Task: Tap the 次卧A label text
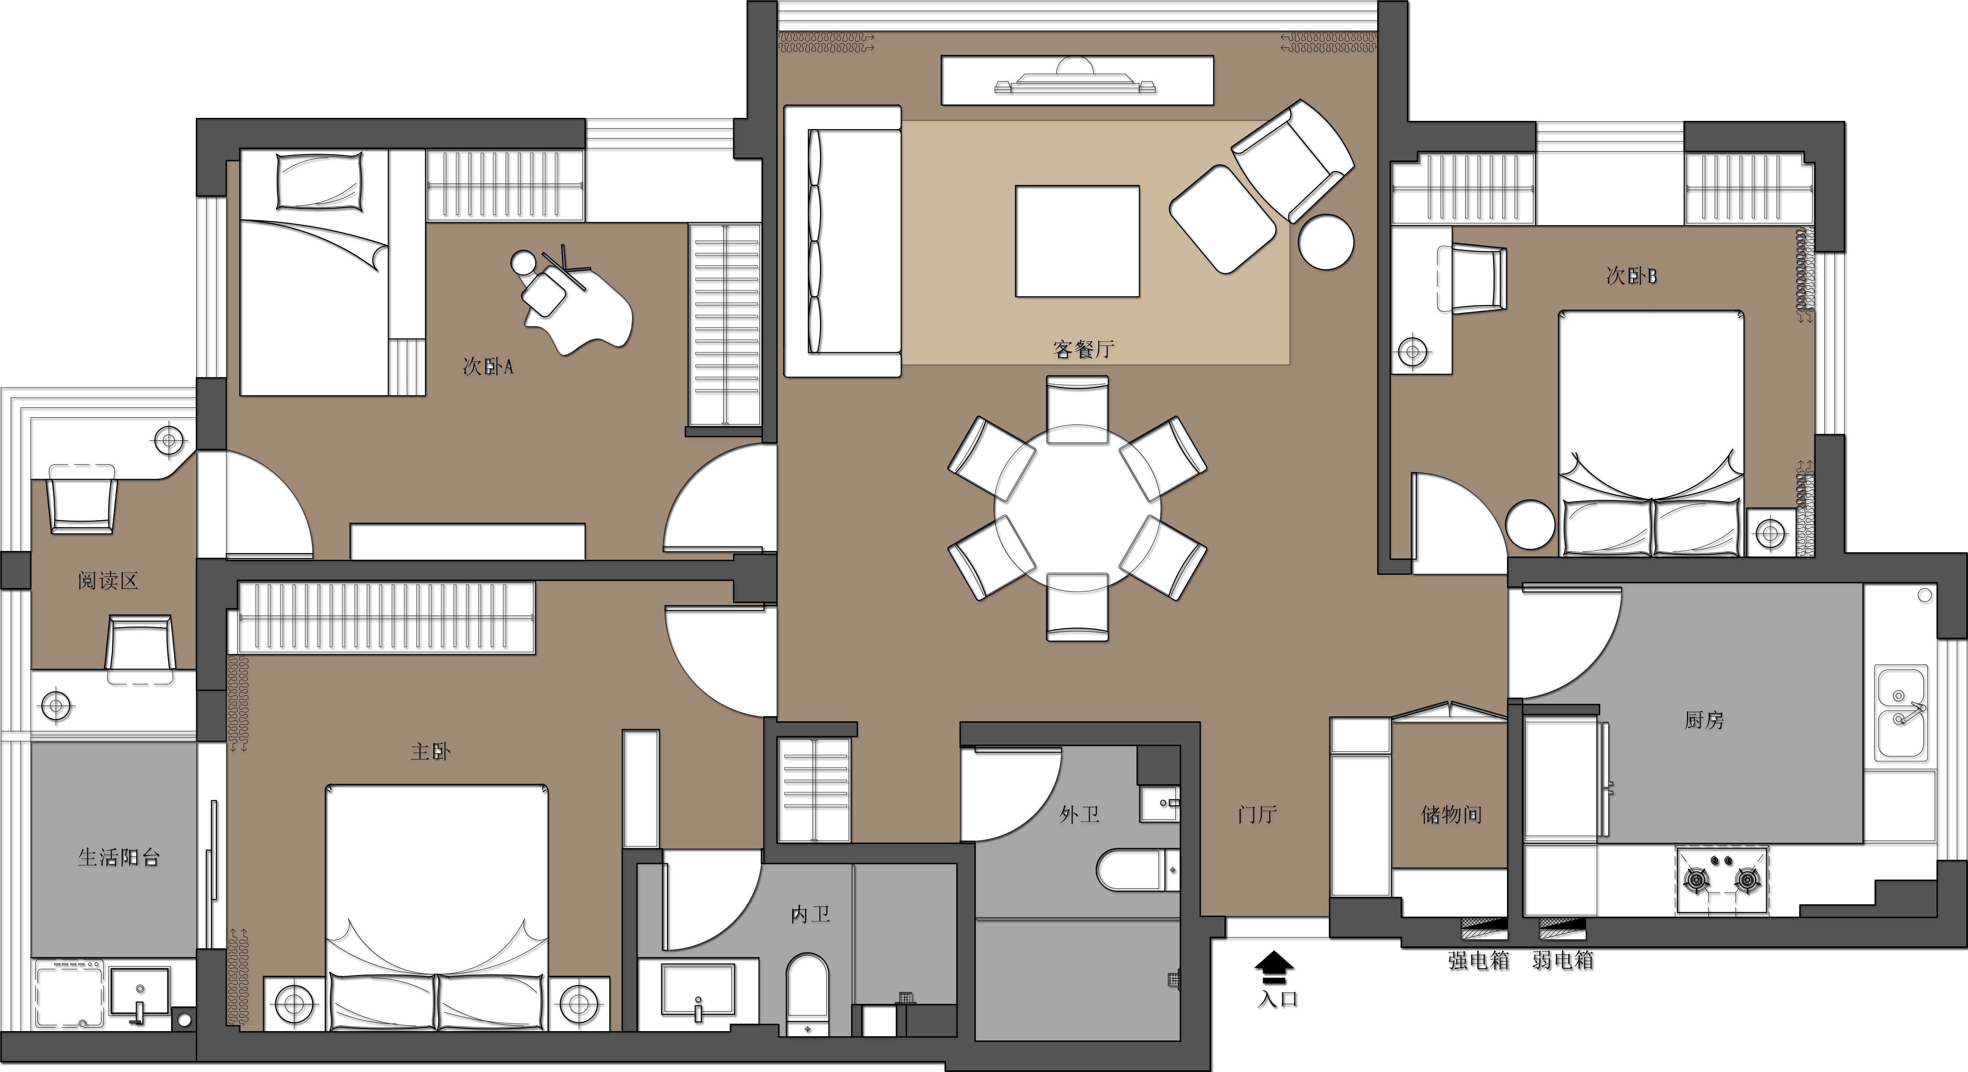tap(487, 366)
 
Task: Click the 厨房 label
tap(1704, 720)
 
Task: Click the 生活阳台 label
tap(118, 857)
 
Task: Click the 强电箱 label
tap(1479, 960)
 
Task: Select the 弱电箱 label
tap(1563, 960)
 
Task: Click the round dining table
tap(1077, 508)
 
